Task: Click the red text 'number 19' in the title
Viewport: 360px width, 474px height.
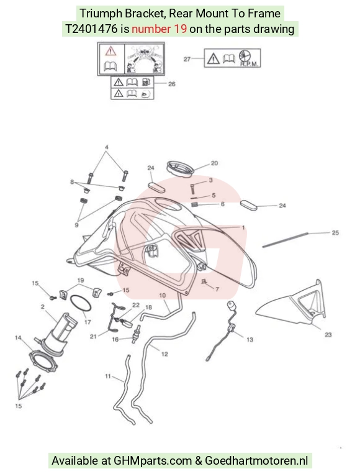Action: tap(159, 29)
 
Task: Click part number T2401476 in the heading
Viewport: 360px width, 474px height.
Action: tap(91, 29)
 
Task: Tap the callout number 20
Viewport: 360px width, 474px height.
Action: tap(214, 163)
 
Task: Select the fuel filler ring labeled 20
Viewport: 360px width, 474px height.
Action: tap(180, 169)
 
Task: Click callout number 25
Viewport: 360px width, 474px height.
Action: tap(335, 233)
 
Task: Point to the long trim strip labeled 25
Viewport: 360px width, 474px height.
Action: tap(285, 240)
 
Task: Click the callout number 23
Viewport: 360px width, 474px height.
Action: tap(328, 335)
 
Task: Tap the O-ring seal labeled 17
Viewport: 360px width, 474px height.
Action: tap(81, 303)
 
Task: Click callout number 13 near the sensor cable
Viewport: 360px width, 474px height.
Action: tap(250, 340)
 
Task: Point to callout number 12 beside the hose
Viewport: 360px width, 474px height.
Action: tap(164, 354)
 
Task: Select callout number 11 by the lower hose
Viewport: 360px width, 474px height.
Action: tap(108, 376)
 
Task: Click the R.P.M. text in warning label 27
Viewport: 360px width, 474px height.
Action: tap(249, 64)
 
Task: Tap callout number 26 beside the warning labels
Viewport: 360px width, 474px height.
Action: tap(171, 84)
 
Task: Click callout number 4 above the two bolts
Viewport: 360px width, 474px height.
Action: tap(107, 147)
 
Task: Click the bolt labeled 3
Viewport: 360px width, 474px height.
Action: tap(193, 189)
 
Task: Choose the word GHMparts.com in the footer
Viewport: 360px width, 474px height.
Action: tap(153, 461)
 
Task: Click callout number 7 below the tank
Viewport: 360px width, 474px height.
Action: tap(217, 289)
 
